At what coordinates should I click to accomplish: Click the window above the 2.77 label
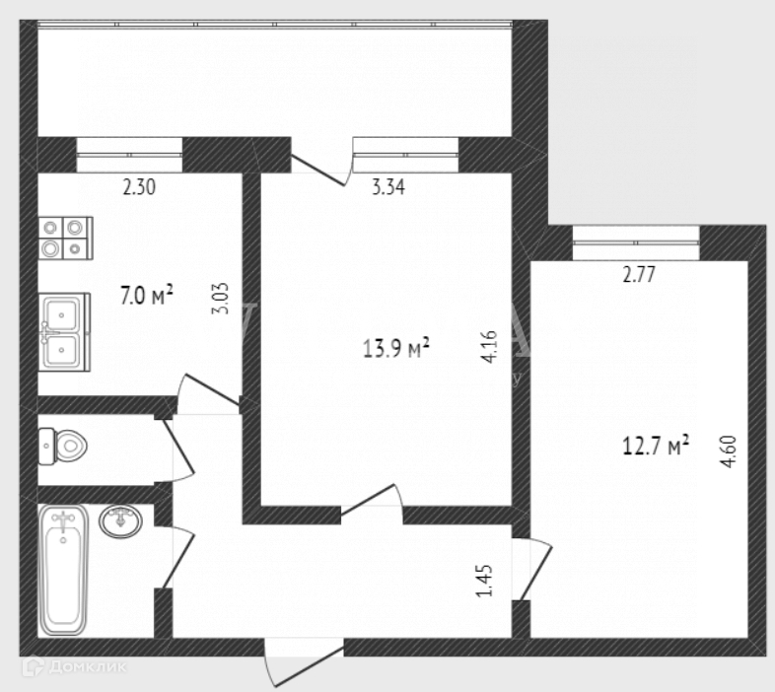click(636, 241)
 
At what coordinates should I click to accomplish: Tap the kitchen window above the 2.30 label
click(129, 154)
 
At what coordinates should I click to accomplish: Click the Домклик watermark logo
click(86, 667)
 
